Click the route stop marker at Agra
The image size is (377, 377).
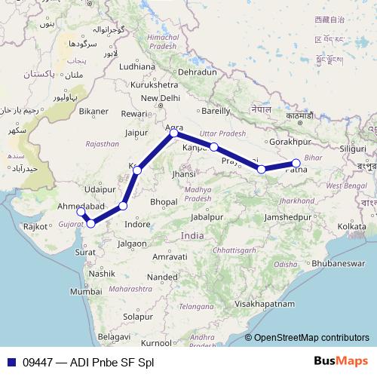174,133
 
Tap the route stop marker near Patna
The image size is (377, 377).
296,163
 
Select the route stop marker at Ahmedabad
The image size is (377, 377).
81,212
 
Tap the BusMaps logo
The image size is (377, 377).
342,362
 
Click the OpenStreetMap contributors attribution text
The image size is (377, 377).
311,339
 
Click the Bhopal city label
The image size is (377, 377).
164,202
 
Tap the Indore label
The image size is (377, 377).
137,225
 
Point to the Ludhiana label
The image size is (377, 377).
136,66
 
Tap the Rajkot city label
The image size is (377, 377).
35,225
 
